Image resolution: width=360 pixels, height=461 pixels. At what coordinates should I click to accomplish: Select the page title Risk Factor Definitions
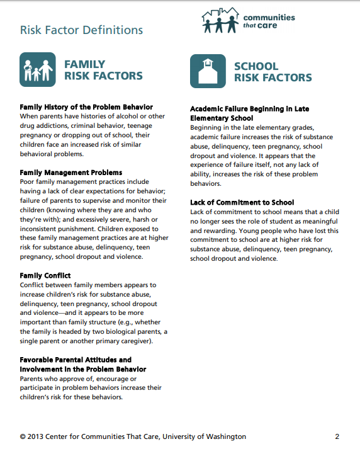tap(81, 30)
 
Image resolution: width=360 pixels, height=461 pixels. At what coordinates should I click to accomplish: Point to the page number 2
tap(337, 436)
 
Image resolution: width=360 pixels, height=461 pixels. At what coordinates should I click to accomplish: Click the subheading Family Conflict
tap(45, 276)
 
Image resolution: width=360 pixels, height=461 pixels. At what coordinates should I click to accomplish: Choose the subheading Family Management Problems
tap(71, 173)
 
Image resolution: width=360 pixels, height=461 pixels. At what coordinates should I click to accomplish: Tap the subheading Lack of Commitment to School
tap(242, 202)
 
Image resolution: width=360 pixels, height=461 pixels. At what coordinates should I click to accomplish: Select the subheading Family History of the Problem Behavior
tap(86, 107)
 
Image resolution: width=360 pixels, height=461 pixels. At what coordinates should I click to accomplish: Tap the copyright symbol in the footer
tap(23, 436)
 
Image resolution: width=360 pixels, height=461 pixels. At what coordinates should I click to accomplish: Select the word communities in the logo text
tap(269, 18)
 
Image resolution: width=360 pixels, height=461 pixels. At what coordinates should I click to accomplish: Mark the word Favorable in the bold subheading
tap(39, 360)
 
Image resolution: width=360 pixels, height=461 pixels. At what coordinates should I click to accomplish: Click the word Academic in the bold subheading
tap(209, 109)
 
